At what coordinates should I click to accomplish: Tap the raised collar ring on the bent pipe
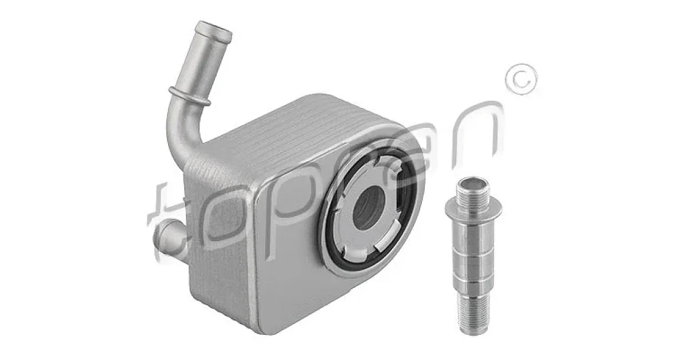[190, 96]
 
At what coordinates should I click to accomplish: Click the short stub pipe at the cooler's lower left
[169, 235]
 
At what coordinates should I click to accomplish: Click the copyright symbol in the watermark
[521, 79]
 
